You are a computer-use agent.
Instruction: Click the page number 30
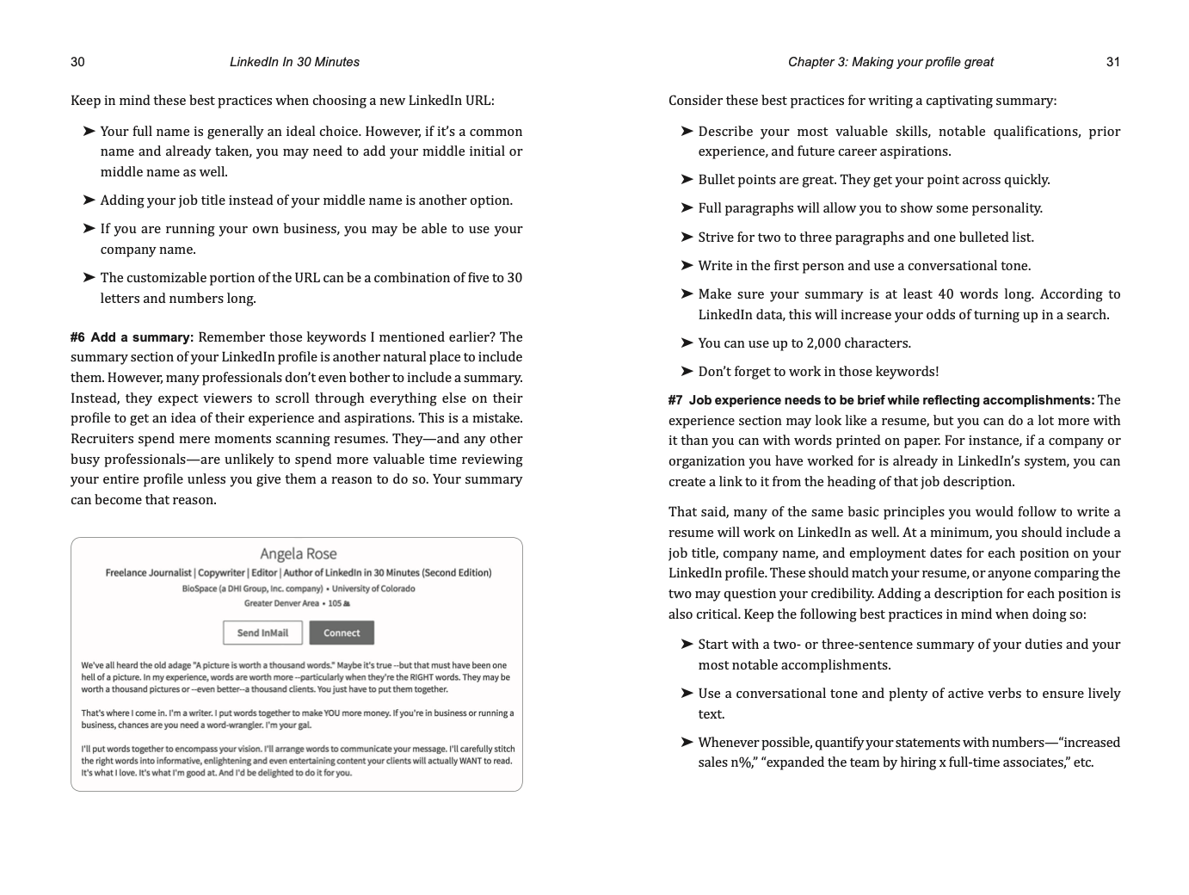pos(77,62)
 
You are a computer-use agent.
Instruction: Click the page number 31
pos(1112,62)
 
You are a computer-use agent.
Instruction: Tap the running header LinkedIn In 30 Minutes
pos(294,62)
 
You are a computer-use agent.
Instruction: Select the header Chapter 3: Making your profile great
pos(890,62)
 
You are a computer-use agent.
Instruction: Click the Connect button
pos(342,633)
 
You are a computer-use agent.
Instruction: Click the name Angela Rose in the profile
pos(298,554)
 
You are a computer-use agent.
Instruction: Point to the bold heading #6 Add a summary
pos(132,337)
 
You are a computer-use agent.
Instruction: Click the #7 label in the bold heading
pos(675,400)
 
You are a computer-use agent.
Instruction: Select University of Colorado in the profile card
pos(373,589)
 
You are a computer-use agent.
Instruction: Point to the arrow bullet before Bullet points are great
pos(687,180)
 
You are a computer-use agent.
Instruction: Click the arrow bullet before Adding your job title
pos(89,201)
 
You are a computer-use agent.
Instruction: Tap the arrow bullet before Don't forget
pos(687,372)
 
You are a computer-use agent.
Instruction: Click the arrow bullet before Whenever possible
pos(687,743)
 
